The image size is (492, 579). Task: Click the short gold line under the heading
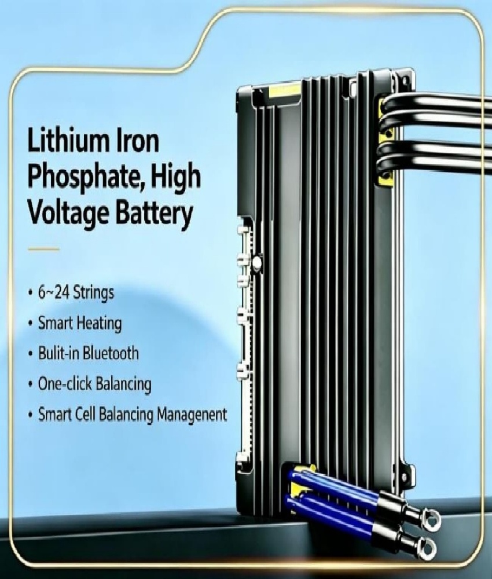(43, 249)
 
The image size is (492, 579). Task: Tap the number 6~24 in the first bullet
(54, 292)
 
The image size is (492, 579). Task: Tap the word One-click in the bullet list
(65, 384)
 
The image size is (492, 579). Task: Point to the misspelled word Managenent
(192, 415)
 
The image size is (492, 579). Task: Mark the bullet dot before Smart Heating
(31, 324)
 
